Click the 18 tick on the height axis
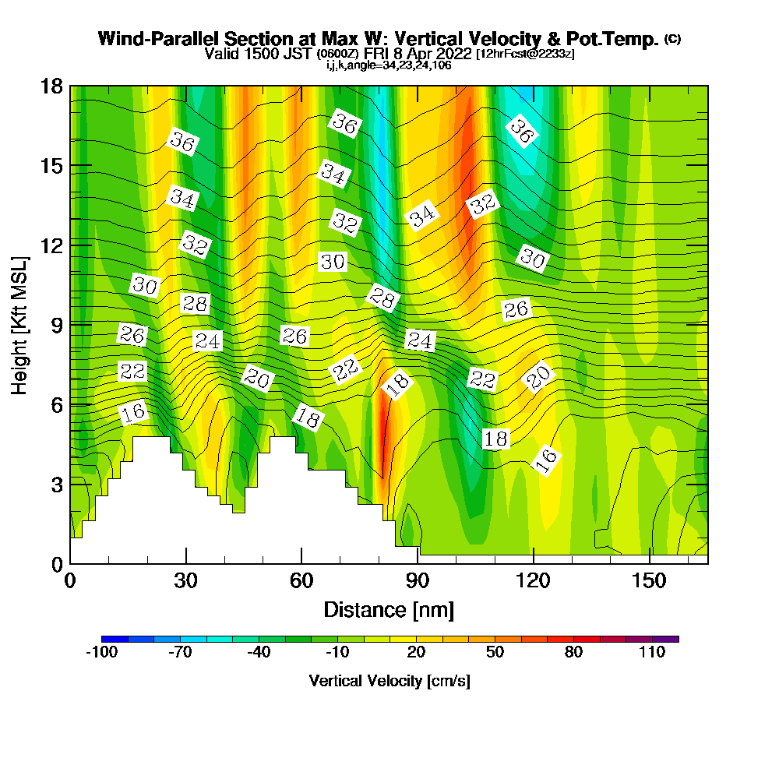(x=51, y=86)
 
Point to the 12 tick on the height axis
(x=51, y=245)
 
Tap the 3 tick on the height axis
(x=57, y=484)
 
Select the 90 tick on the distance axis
(x=418, y=580)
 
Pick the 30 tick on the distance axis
(x=185, y=580)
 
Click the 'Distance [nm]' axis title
(x=389, y=608)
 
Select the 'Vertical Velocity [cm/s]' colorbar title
(x=389, y=681)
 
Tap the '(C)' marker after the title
(x=672, y=38)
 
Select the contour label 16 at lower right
(x=546, y=460)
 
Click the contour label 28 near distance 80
(x=382, y=298)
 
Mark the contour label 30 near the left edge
(x=144, y=285)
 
